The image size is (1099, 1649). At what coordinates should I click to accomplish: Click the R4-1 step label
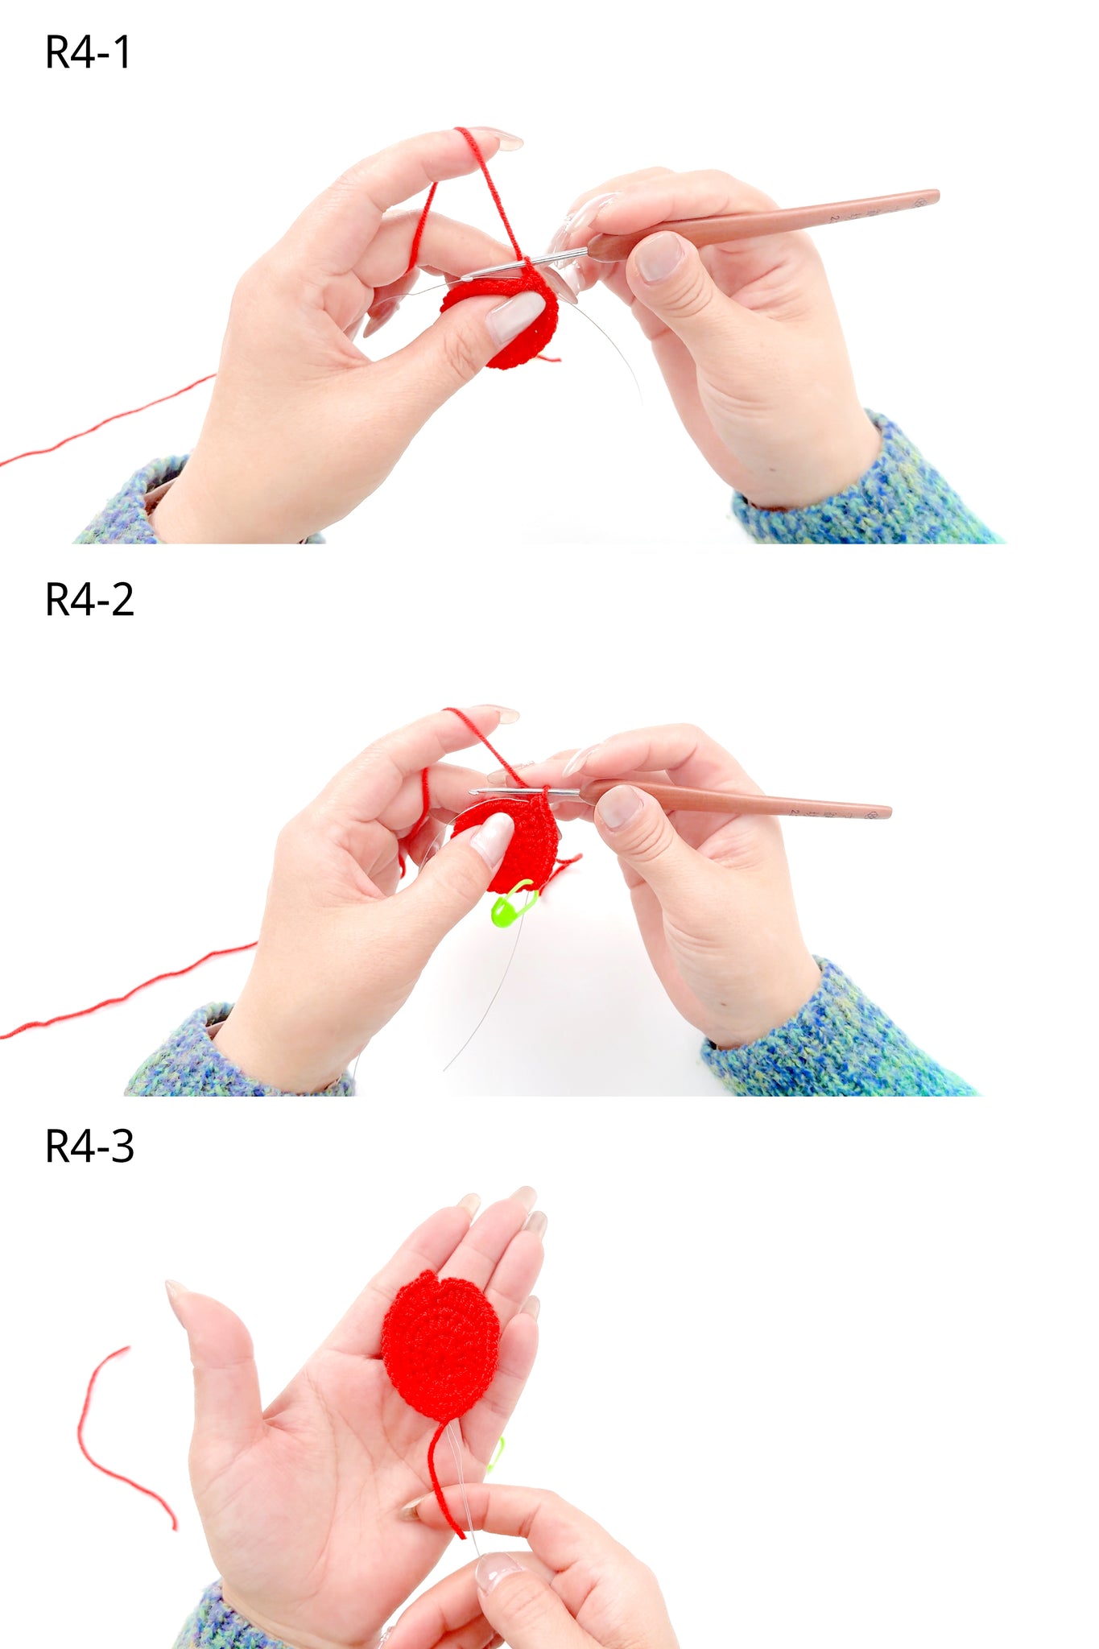point(88,53)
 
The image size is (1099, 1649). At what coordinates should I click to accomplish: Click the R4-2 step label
point(89,600)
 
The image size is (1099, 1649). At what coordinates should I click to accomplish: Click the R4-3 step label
point(89,1147)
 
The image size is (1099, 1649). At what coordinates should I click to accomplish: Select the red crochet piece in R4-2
point(515,841)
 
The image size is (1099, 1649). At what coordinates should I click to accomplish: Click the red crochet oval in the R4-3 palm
point(440,1344)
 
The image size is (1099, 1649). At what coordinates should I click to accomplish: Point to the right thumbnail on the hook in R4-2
point(620,807)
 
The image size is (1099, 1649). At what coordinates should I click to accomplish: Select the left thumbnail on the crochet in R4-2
point(492,837)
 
